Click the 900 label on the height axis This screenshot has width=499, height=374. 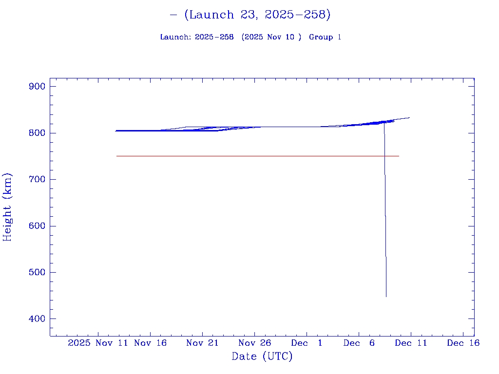(x=37, y=87)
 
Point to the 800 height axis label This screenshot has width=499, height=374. (x=37, y=133)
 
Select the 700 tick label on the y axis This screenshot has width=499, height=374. (x=37, y=180)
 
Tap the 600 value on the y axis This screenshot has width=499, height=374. (x=37, y=226)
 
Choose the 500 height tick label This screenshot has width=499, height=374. (x=37, y=272)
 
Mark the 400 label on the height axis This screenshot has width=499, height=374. (x=37, y=319)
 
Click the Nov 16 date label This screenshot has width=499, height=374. (x=151, y=343)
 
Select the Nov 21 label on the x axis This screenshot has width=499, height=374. (x=202, y=343)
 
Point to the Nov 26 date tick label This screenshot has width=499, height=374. (x=254, y=343)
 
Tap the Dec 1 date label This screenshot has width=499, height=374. (x=307, y=343)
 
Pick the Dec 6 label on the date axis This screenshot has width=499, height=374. (x=359, y=343)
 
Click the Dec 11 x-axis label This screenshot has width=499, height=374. (x=411, y=343)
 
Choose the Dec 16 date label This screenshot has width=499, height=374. (x=463, y=343)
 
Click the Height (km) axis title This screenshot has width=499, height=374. (x=8, y=207)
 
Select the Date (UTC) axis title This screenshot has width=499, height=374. (x=262, y=356)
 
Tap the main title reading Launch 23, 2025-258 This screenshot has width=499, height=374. (x=250, y=15)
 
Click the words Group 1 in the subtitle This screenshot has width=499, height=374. (x=325, y=37)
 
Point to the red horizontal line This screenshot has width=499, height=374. (x=244, y=156)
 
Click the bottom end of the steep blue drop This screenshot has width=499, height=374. (x=386, y=296)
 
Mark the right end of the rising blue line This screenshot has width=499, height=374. (x=409, y=117)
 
